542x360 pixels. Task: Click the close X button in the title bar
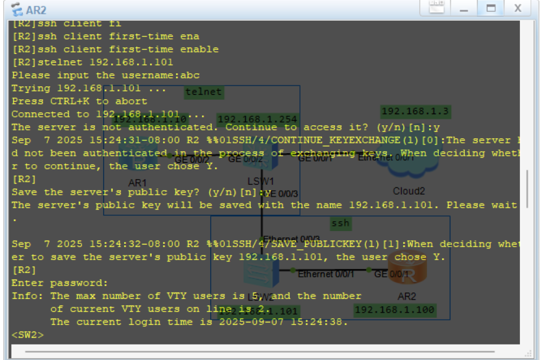[x=517, y=9]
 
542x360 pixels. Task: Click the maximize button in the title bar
[x=491, y=9]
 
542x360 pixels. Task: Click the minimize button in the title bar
[x=464, y=9]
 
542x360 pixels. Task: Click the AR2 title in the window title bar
[x=36, y=10]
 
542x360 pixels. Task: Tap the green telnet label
[x=203, y=92]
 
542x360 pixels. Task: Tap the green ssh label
[x=340, y=224]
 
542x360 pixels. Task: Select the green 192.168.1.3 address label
[x=415, y=112]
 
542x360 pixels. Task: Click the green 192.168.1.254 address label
[x=257, y=119]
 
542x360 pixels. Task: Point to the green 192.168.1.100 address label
[x=394, y=311]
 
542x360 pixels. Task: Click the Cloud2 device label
[x=408, y=191]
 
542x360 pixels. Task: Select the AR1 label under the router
[x=138, y=182]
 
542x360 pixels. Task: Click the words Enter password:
[x=60, y=283]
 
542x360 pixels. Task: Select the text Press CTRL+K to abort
[x=79, y=101]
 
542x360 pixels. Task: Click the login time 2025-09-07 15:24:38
[x=284, y=322]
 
